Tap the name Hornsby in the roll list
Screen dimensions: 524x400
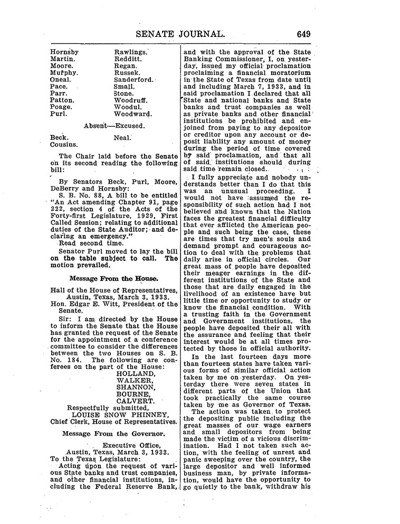tap(64, 52)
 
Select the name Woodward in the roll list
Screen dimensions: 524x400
tap(133, 114)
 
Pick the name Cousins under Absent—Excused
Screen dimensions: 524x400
tap(64, 144)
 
